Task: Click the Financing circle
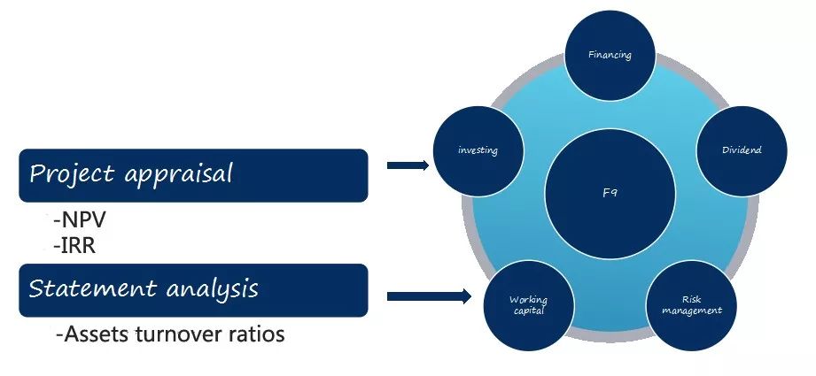tap(610, 55)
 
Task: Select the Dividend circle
tap(741, 150)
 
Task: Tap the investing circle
tap(478, 150)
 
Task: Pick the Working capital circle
tap(528, 306)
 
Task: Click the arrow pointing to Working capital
tap(430, 296)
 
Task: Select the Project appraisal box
tap(193, 174)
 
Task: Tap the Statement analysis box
tap(193, 289)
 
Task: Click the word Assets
tap(93, 335)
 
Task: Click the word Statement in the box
tap(81, 289)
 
